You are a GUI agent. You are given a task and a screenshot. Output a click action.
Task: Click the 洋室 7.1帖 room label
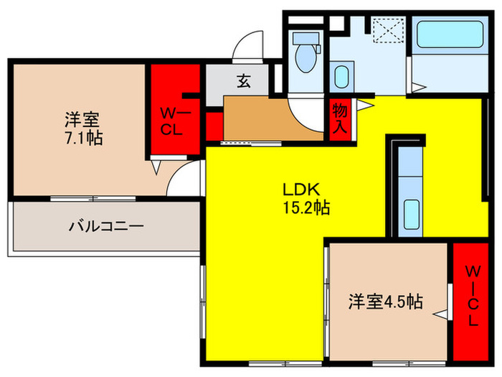coord(83,127)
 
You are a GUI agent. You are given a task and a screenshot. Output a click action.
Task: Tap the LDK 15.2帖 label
coord(305,200)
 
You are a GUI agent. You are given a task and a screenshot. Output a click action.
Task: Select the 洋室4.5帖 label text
coord(385,302)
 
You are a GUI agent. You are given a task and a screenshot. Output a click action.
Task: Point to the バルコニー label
coord(106,226)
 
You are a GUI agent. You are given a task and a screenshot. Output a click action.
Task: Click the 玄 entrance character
coord(244,82)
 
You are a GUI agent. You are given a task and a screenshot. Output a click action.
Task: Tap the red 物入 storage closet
coord(339,120)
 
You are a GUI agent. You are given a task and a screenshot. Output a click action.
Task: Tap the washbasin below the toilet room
coord(342,75)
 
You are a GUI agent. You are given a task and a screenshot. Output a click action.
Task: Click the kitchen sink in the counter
coord(411,213)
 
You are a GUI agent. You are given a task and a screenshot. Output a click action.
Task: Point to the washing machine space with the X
coord(388,31)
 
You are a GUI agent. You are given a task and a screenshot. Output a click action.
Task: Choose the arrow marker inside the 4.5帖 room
coord(439,313)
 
